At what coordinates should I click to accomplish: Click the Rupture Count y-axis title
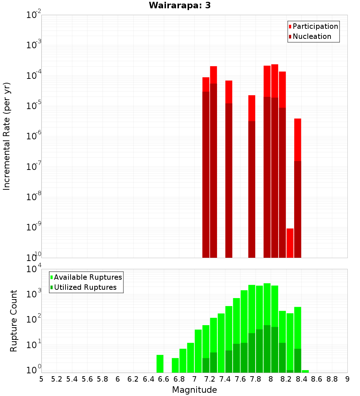click(x=14, y=320)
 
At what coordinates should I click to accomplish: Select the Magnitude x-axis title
click(x=194, y=390)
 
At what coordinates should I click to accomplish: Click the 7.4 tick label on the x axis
click(x=225, y=379)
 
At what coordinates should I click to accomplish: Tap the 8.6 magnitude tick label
click(x=317, y=379)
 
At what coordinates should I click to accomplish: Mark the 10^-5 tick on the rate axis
click(x=34, y=106)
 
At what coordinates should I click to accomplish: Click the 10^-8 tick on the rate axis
click(x=34, y=197)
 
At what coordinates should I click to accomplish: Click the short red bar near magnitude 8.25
click(x=290, y=243)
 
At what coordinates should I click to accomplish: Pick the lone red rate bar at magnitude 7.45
click(x=229, y=169)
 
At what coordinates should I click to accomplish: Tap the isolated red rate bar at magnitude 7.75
click(x=252, y=176)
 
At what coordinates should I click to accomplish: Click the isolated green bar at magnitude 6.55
click(x=160, y=364)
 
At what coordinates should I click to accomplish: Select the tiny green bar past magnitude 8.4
click(x=305, y=371)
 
